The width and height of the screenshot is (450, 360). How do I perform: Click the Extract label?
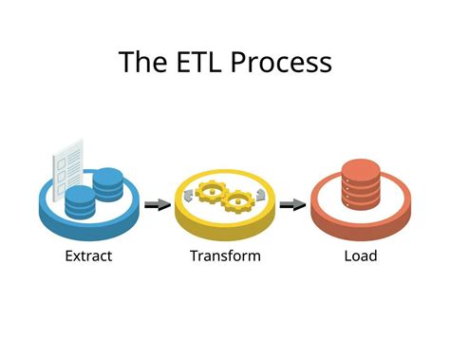(90, 256)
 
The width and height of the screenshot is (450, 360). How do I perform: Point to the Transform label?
(225, 256)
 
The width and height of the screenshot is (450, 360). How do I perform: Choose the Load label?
(361, 256)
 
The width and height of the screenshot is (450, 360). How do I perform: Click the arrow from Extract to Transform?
(157, 203)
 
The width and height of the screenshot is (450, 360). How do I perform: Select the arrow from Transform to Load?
(292, 203)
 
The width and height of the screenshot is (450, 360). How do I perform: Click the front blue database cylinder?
(81, 202)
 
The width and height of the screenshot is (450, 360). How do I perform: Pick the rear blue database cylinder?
(109, 183)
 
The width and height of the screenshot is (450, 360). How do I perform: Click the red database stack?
(361, 189)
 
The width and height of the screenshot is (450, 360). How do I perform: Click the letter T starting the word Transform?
(194, 256)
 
